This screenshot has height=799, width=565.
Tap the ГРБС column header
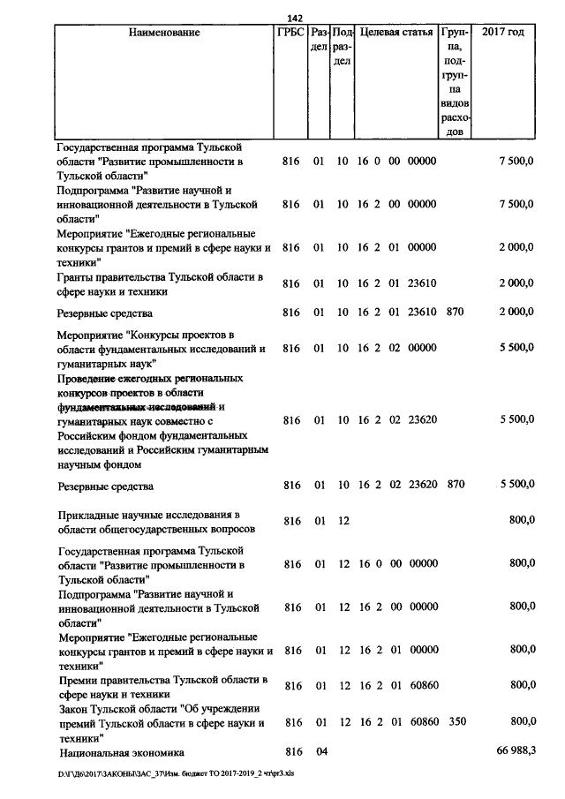click(x=291, y=33)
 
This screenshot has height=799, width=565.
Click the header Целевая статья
click(x=396, y=33)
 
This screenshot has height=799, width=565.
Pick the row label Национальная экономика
click(x=122, y=752)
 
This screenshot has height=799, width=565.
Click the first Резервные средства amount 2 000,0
click(x=516, y=313)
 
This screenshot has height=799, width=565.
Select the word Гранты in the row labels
click(x=78, y=277)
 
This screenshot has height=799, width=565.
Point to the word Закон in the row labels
click(x=74, y=708)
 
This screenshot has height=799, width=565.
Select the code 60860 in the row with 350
click(x=424, y=722)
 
